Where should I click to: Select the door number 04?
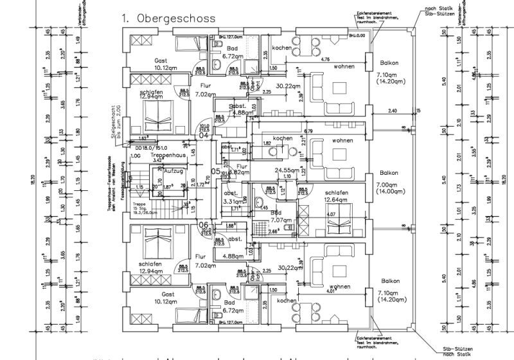pyautogui.click(x=204, y=135)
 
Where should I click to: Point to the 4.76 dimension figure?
pyautogui.click(x=325, y=59)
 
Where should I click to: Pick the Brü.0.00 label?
pyautogui.click(x=357, y=36)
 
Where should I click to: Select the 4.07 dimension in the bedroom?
pyautogui.click(x=332, y=214)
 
